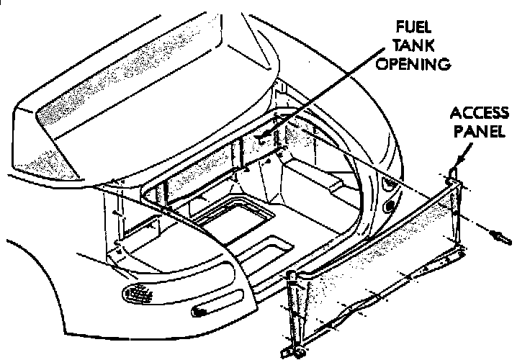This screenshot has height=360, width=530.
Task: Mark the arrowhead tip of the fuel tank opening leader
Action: point(261,135)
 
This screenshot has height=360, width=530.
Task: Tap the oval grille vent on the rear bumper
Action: point(139,294)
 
